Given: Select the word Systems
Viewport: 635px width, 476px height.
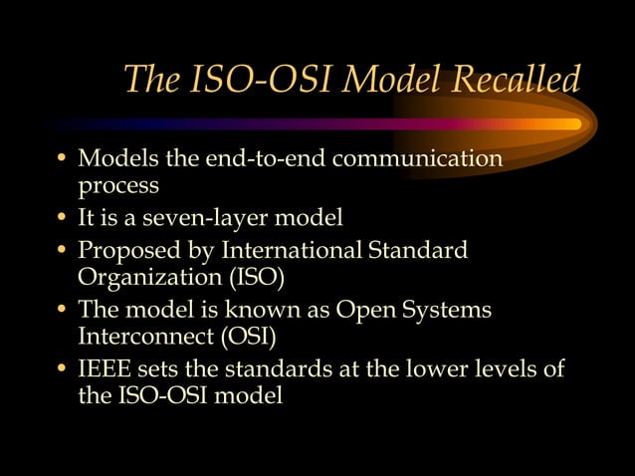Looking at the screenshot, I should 449,309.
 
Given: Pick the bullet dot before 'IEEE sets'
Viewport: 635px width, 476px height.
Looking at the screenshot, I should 63,370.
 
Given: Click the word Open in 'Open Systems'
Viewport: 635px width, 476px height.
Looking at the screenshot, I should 366,309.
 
